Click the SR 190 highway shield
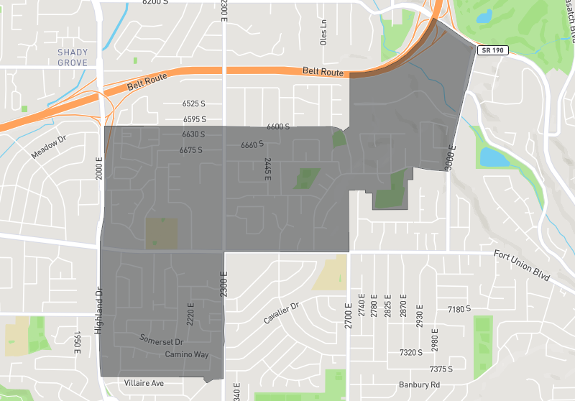point(492,50)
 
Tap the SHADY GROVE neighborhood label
point(73,57)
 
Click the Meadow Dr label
point(48,145)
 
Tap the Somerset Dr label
point(162,341)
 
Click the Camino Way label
point(186,355)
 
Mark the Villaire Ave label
point(144,383)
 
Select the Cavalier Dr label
point(280,313)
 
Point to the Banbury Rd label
point(419,384)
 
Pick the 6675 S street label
point(191,150)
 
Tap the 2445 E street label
point(267,170)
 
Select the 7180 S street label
point(459,309)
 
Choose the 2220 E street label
point(190,313)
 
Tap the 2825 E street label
point(389,305)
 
